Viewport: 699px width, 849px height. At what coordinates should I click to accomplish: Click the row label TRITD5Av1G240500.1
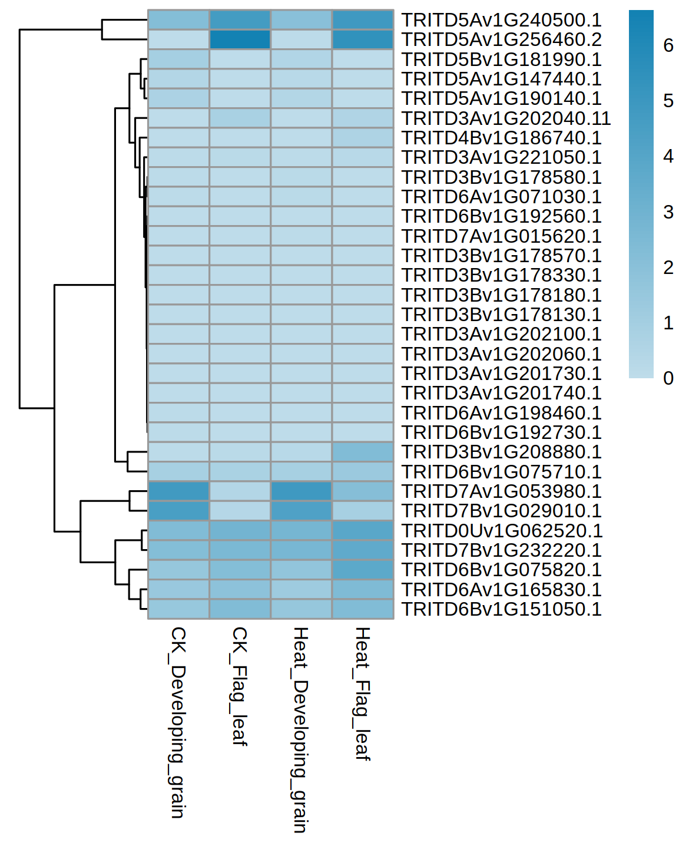(501, 20)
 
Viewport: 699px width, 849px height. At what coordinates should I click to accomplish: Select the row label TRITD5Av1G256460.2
(501, 39)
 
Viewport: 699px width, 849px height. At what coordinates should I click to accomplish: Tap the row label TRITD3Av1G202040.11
(506, 118)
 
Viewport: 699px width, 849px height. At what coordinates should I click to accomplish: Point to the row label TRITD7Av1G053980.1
(501, 491)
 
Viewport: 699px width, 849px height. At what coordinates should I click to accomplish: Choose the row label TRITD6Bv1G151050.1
(501, 609)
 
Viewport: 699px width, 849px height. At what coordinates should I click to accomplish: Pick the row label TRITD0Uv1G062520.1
(502, 531)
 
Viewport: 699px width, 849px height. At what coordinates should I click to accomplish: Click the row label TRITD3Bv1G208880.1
(501, 452)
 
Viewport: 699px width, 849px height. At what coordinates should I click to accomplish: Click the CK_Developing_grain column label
(178, 722)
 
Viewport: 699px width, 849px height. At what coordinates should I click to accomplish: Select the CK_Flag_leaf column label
(239, 686)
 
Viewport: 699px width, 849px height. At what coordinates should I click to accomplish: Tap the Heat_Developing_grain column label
(300, 729)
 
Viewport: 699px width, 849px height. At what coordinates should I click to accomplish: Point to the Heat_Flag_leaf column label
(362, 693)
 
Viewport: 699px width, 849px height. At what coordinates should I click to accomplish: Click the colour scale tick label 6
(668, 45)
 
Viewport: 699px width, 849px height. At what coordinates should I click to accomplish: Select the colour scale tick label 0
(668, 378)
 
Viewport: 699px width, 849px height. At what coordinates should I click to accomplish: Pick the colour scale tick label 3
(668, 212)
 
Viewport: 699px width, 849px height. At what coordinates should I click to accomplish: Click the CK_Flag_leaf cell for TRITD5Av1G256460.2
(240, 39)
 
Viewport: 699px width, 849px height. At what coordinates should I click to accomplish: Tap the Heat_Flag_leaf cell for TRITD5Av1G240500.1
(363, 20)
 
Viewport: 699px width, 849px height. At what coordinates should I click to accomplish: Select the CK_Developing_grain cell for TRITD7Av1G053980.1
(178, 491)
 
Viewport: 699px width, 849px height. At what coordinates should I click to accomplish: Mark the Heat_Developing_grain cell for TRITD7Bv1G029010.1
(301, 511)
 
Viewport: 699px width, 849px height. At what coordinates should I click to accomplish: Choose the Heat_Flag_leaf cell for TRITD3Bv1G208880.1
(363, 452)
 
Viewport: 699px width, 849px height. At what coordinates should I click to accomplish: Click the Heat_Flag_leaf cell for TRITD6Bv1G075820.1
(363, 570)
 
